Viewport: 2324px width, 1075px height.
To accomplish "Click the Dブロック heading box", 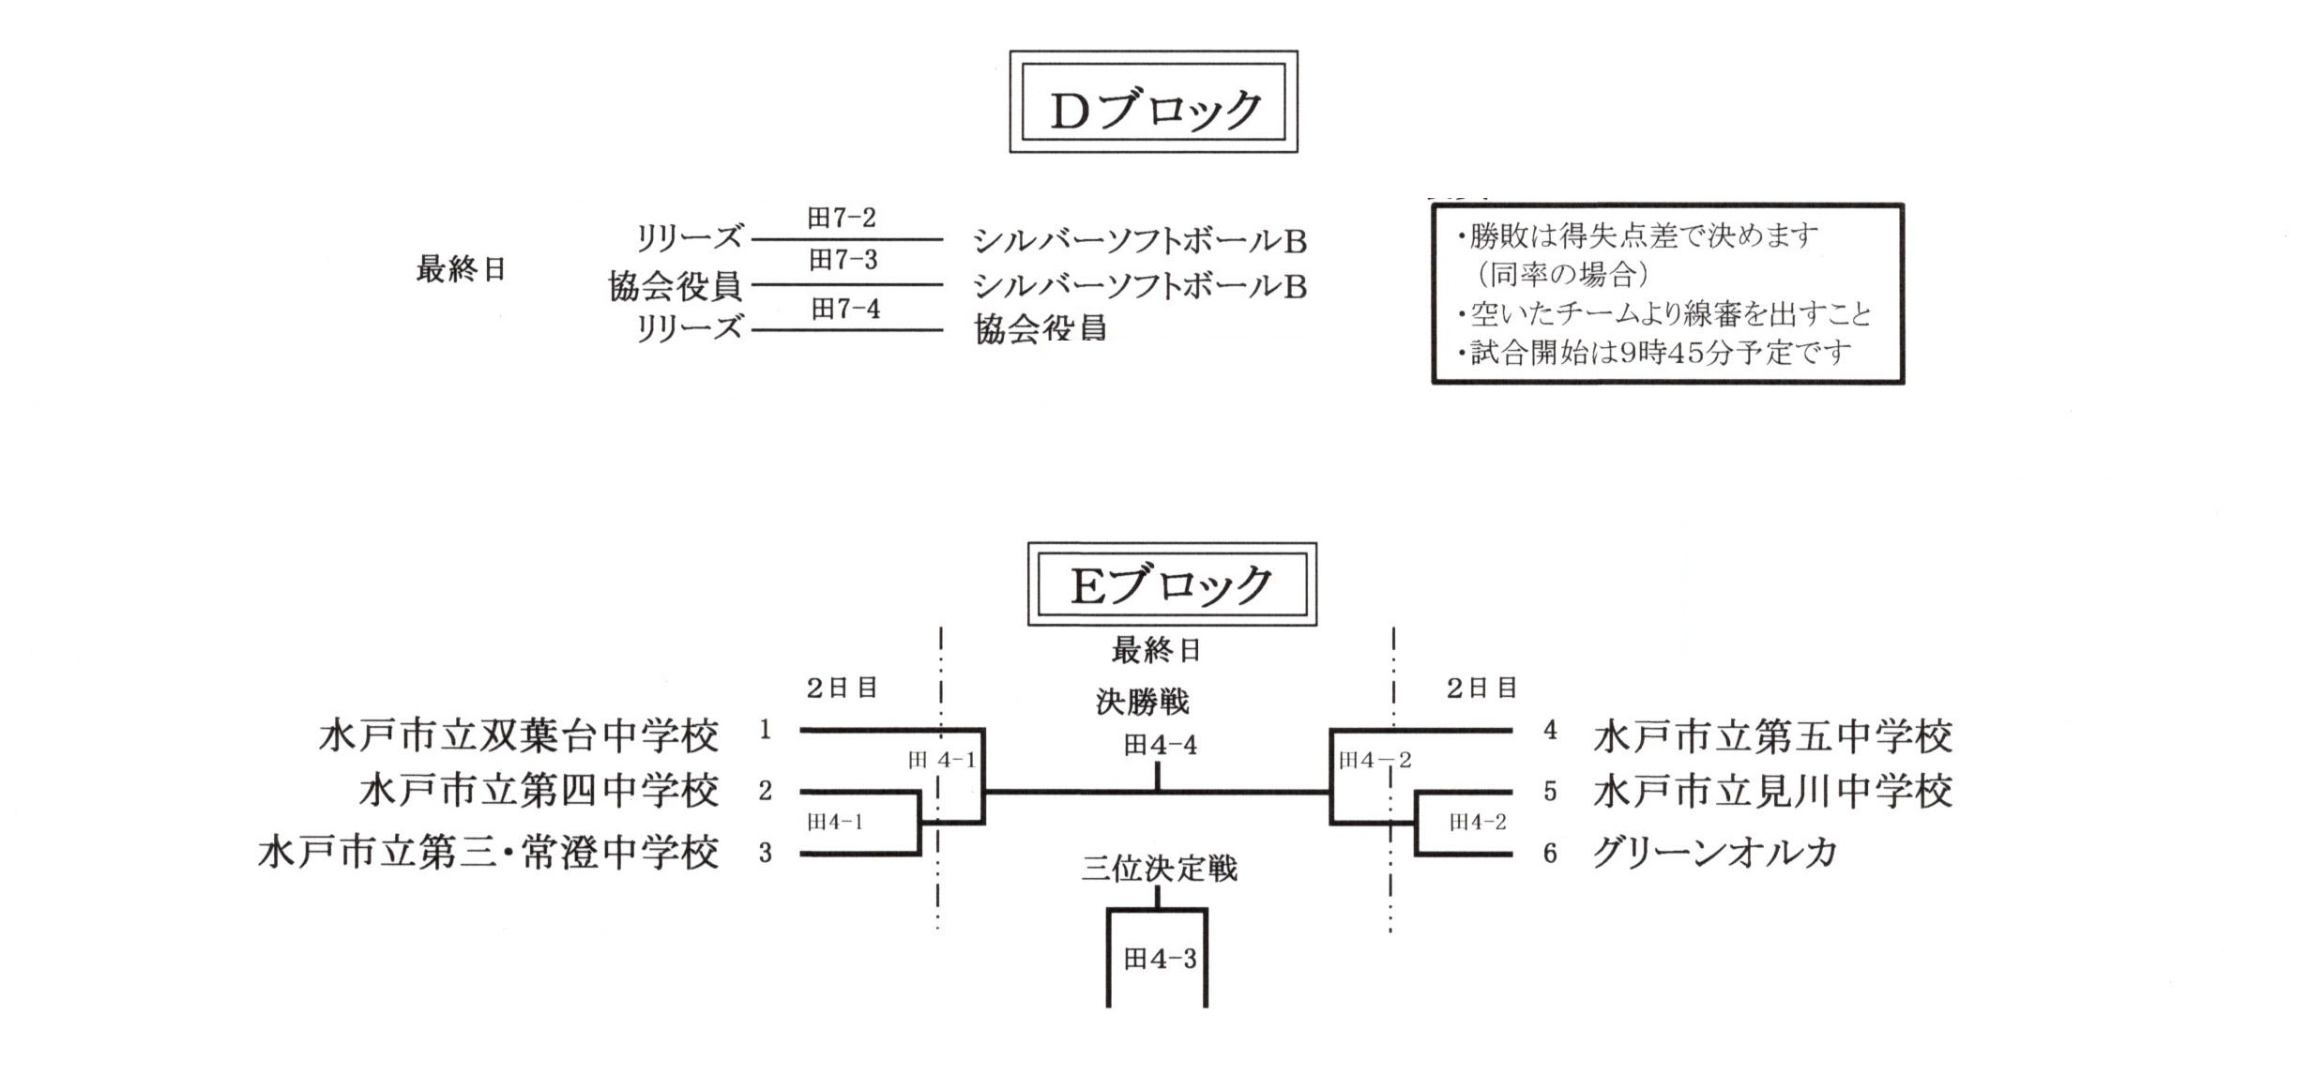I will (x=1153, y=102).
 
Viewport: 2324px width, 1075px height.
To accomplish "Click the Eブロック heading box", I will (x=1171, y=584).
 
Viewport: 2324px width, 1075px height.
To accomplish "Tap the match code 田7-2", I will (x=842, y=218).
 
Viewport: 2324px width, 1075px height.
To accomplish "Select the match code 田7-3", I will (x=843, y=260).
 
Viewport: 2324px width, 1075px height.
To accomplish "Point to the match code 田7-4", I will (x=845, y=308).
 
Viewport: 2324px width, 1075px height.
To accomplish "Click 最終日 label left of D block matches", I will (x=461, y=270).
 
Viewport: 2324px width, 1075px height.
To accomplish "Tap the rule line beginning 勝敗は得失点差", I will (x=1637, y=236).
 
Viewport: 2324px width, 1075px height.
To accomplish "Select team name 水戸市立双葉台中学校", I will (x=518, y=736).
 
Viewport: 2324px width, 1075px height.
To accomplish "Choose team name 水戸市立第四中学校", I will (x=539, y=792).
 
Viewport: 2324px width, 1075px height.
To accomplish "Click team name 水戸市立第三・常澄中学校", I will (x=488, y=853).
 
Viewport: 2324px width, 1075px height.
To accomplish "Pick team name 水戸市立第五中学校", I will (x=1772, y=736).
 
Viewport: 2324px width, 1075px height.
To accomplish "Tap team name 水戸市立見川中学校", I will (x=1772, y=792).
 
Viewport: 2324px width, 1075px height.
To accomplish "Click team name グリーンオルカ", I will (x=1713, y=853).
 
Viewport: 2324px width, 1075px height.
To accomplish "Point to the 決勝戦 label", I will (x=1142, y=702).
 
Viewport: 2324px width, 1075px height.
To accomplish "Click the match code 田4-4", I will (x=1161, y=746).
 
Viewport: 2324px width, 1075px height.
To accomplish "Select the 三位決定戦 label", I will (x=1159, y=869).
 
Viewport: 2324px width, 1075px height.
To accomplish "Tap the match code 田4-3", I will (x=1161, y=959).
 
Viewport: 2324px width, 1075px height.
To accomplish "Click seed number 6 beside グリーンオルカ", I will (x=1550, y=853).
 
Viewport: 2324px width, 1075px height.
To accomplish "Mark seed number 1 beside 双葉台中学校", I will (x=766, y=730).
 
